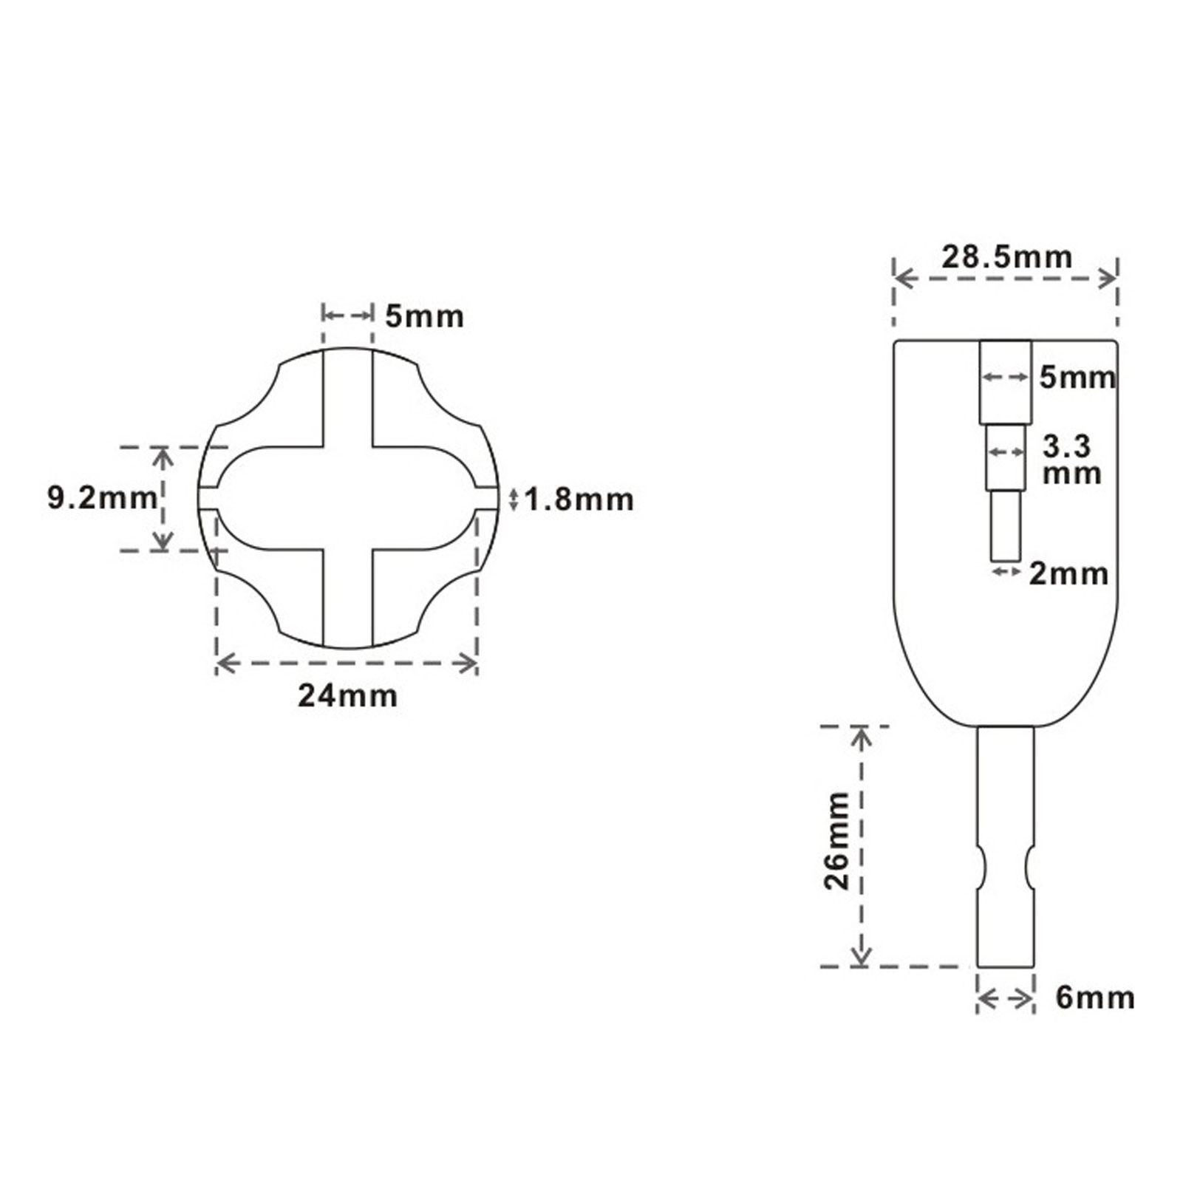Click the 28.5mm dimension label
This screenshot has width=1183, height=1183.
click(1006, 257)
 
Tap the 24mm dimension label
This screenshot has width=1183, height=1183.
click(347, 695)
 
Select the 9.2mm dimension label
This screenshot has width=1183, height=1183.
click(102, 498)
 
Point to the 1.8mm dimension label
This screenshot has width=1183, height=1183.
click(579, 500)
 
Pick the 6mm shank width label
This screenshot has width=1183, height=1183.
click(1095, 998)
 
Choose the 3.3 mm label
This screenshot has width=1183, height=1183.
click(1071, 460)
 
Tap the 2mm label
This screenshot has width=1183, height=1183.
click(1068, 574)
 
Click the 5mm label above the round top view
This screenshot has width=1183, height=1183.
click(424, 316)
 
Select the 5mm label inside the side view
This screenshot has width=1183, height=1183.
click(1077, 378)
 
